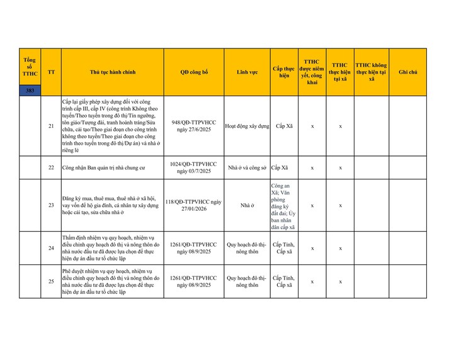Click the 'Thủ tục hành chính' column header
click(x=113, y=72)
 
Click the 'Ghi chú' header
click(x=407, y=72)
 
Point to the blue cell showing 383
click(x=30, y=91)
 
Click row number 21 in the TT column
click(x=51, y=126)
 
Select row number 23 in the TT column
click(x=51, y=205)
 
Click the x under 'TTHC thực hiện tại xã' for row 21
click(x=340, y=126)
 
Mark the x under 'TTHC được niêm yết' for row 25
click(x=312, y=281)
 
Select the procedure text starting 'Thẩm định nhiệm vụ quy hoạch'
click(x=111, y=249)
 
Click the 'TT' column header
click(x=51, y=72)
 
